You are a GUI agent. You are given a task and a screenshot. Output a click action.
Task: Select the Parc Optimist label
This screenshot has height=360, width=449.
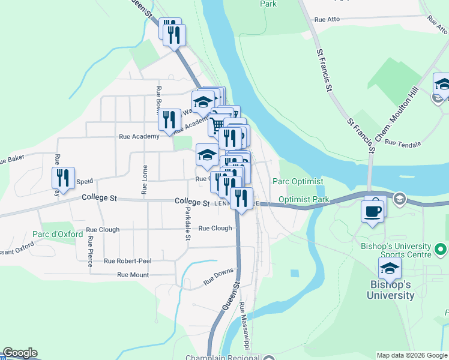click(x=298, y=181)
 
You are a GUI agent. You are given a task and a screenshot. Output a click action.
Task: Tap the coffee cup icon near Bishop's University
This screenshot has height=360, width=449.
click(x=373, y=212)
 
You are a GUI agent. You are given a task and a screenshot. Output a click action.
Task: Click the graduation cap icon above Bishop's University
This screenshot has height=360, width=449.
click(x=390, y=269)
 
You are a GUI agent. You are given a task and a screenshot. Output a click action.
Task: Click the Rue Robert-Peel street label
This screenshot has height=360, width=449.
click(x=127, y=261)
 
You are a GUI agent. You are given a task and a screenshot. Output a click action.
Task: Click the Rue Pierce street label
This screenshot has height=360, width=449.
click(x=90, y=250)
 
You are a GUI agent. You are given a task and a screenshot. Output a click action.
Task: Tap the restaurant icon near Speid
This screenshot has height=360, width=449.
click(x=62, y=178)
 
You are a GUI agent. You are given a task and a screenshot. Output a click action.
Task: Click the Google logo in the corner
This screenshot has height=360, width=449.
click(x=20, y=353)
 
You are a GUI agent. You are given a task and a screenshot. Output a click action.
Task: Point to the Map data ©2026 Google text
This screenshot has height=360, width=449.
click(x=412, y=355)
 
